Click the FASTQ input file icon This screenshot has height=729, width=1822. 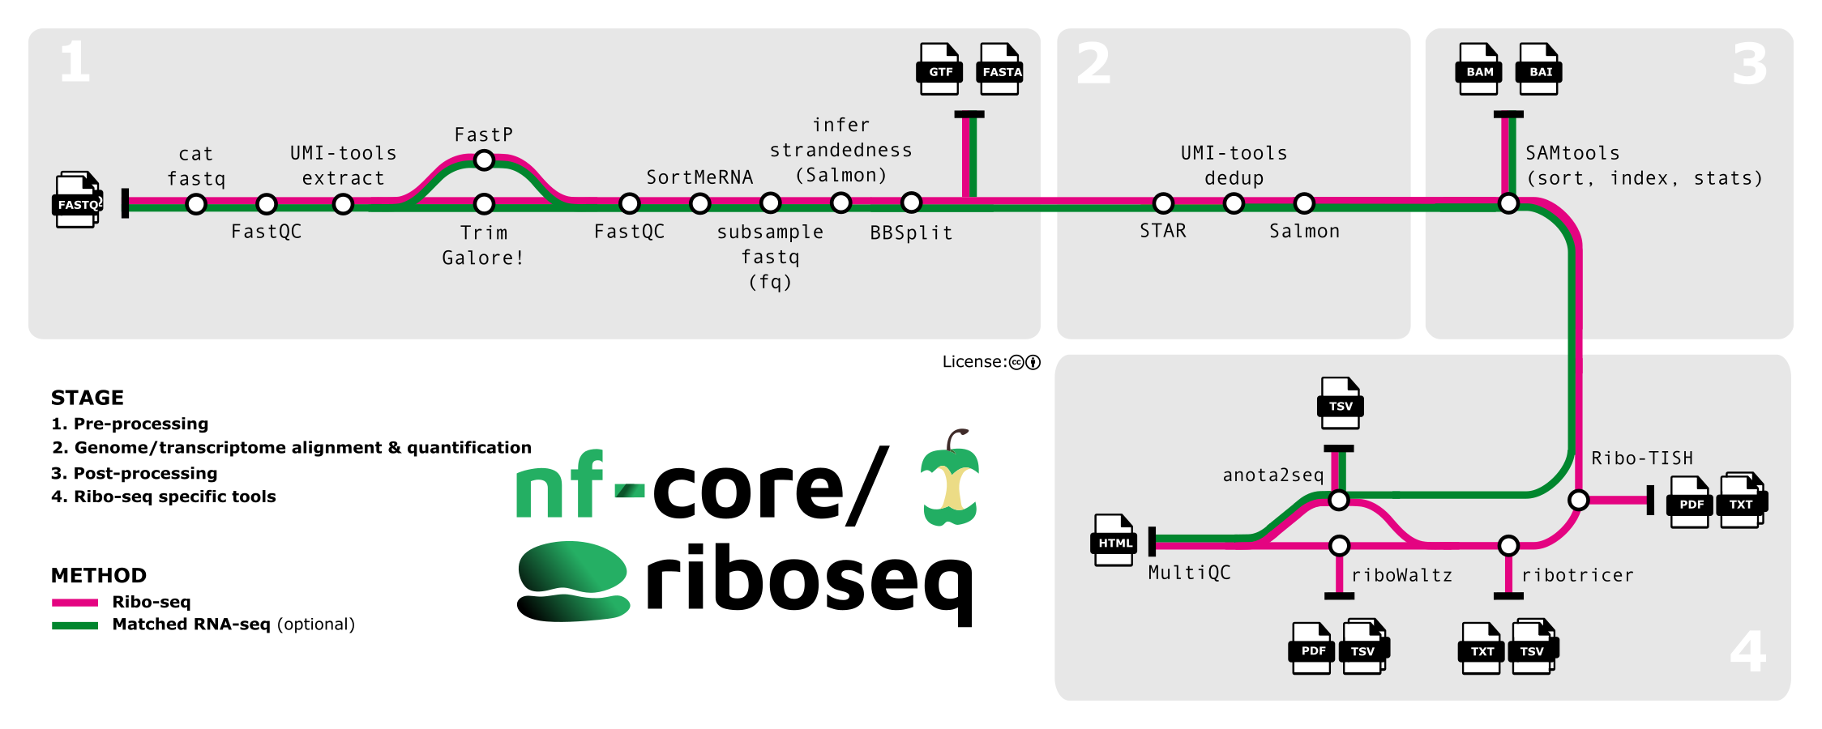click(x=78, y=200)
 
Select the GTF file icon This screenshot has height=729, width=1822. click(x=939, y=69)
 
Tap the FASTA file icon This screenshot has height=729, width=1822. click(x=1000, y=69)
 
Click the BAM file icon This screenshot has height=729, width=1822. click(x=1478, y=69)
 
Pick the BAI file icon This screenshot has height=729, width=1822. click(x=1539, y=69)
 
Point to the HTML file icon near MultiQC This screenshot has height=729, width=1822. click(x=1114, y=539)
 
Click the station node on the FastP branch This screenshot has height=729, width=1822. click(x=484, y=160)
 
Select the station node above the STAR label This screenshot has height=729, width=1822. click(x=1163, y=203)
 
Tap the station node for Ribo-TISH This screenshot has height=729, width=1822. click(x=1578, y=500)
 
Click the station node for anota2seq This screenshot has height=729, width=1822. click(x=1339, y=500)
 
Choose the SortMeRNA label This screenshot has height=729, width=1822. click(x=699, y=177)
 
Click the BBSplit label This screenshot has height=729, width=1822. click(x=911, y=233)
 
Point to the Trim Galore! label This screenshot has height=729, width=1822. click(x=484, y=245)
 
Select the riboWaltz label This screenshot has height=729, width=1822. click(x=1401, y=575)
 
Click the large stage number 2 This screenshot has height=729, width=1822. click(x=1093, y=63)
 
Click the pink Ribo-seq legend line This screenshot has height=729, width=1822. click(x=75, y=602)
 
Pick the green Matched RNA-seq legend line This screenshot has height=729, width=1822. click(x=75, y=625)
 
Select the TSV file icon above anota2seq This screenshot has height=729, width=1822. click(x=1340, y=403)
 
